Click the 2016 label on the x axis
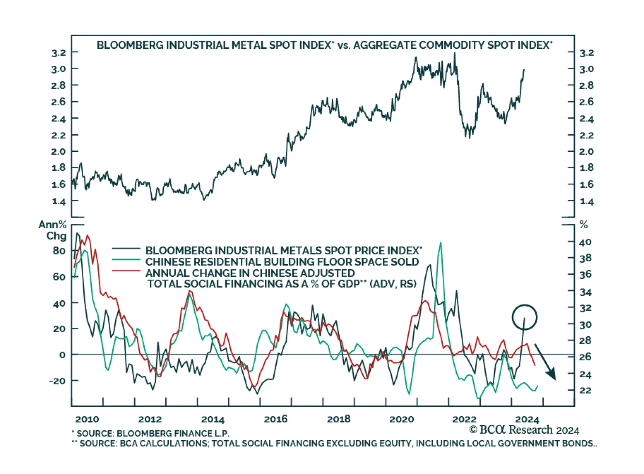click(275, 419)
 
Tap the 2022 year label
click(464, 419)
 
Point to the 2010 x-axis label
click(87, 419)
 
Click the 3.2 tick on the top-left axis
click(58, 53)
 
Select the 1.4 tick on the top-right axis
click(586, 201)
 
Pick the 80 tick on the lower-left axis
click(59, 250)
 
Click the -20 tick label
click(57, 381)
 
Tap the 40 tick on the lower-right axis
click(585, 242)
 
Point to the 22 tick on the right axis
click(585, 390)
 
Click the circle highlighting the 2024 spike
click(524, 317)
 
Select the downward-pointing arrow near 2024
click(545, 362)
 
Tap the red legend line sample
click(126, 271)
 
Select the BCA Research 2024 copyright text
click(524, 430)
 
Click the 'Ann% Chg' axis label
click(53, 230)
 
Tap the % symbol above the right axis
click(583, 225)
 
